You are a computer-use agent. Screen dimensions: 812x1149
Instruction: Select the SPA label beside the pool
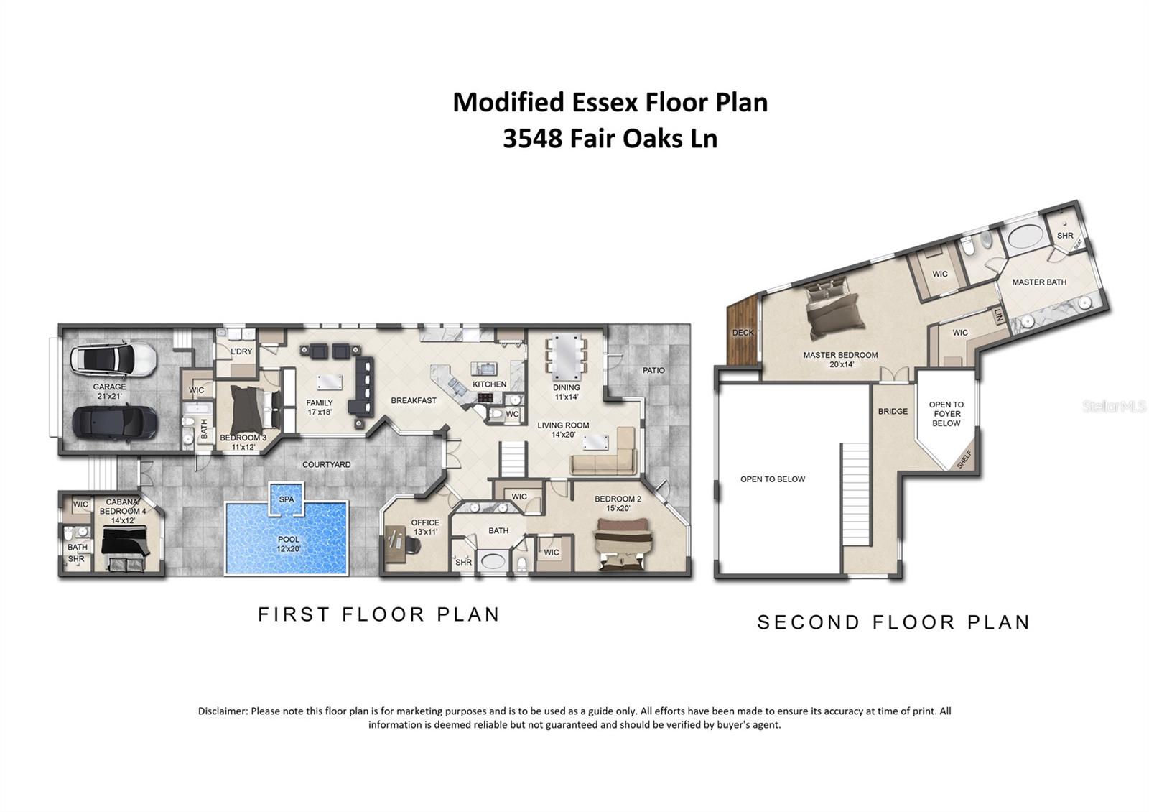pos(287,499)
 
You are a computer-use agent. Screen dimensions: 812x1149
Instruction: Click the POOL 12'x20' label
pos(288,544)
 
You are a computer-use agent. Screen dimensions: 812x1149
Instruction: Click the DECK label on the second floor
pos(743,333)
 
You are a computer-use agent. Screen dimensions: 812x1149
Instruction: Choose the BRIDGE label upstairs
pos(893,412)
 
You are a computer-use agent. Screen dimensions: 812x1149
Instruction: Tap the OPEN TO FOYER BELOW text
pos(946,414)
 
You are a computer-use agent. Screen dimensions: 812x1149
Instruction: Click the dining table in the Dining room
pos(567,358)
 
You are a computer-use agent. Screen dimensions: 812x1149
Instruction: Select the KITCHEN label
pos(489,384)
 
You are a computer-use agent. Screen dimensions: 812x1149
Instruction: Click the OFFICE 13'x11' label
pos(424,527)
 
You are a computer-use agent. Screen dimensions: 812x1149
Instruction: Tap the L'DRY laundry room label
pos(241,351)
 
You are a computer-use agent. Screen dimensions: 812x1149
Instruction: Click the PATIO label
pos(653,370)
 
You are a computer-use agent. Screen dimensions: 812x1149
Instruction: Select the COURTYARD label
pos(326,465)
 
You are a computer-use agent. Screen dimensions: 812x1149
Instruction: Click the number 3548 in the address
pos(532,138)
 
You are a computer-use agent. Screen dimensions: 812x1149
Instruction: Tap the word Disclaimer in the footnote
pos(223,711)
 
